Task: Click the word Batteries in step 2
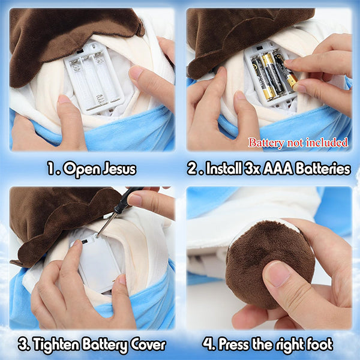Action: (323, 169)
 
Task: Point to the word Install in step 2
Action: (224, 169)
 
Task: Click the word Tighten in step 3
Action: (56, 344)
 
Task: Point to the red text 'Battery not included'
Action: (298, 143)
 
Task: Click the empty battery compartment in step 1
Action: (94, 78)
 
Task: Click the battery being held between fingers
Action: (285, 71)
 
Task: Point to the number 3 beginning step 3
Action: (23, 344)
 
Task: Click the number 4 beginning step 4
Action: (208, 344)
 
